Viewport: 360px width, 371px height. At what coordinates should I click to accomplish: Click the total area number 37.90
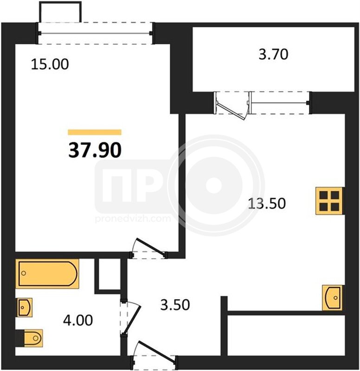click(95, 150)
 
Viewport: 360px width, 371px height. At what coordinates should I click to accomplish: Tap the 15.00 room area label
click(50, 64)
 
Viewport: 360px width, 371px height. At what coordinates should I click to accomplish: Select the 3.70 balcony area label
click(273, 54)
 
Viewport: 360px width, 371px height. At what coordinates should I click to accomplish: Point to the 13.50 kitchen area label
click(267, 204)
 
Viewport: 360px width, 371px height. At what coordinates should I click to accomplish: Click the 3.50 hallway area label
click(175, 305)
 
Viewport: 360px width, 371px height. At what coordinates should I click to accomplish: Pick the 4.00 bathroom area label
click(78, 320)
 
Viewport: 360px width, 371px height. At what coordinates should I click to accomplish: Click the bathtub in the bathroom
click(47, 274)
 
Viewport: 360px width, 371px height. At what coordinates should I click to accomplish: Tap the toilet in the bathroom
click(33, 338)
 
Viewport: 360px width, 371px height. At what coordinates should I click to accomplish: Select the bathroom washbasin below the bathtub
click(24, 307)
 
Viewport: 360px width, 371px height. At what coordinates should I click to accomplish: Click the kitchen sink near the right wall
click(332, 298)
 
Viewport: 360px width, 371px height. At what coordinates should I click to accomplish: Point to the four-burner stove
click(329, 201)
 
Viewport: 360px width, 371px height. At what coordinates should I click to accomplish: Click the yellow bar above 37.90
click(95, 132)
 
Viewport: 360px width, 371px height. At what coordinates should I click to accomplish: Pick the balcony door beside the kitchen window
click(232, 106)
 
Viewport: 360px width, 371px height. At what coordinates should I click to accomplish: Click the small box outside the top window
click(60, 12)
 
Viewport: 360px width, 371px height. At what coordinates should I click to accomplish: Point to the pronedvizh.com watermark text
click(133, 218)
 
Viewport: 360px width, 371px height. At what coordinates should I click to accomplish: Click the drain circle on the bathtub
click(24, 273)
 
